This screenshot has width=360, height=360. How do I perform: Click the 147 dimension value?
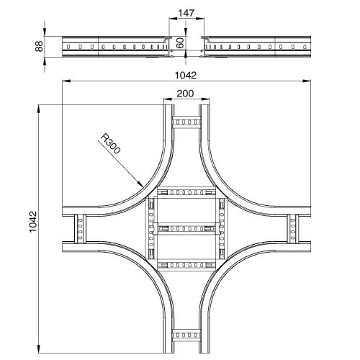point(186,13)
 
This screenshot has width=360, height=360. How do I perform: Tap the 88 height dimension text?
point(39,46)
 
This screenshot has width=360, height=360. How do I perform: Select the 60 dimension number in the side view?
point(180,42)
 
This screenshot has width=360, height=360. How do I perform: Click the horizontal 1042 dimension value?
point(186,76)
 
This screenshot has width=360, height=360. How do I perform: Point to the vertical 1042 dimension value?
point(33,221)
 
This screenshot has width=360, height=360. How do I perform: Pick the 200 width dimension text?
point(185,94)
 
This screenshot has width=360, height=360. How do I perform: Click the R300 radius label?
point(110,143)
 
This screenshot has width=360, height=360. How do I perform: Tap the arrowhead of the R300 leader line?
point(140,184)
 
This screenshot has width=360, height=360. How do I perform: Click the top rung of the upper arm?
point(186,122)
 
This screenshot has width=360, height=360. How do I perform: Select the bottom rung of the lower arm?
point(186,335)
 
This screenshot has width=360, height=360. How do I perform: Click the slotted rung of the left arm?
point(80,229)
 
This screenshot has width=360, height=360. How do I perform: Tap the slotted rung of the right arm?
point(293,229)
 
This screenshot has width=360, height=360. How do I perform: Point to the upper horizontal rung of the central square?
point(186,192)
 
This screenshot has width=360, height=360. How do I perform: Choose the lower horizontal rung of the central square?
point(186,265)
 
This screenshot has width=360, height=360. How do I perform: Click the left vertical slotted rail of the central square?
point(151,228)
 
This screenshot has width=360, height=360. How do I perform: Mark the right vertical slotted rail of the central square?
point(222,228)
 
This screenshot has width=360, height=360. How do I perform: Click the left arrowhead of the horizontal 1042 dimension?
point(66,81)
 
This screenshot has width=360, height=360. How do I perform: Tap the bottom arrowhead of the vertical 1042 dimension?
point(39,348)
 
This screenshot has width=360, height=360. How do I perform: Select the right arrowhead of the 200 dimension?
point(206,99)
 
